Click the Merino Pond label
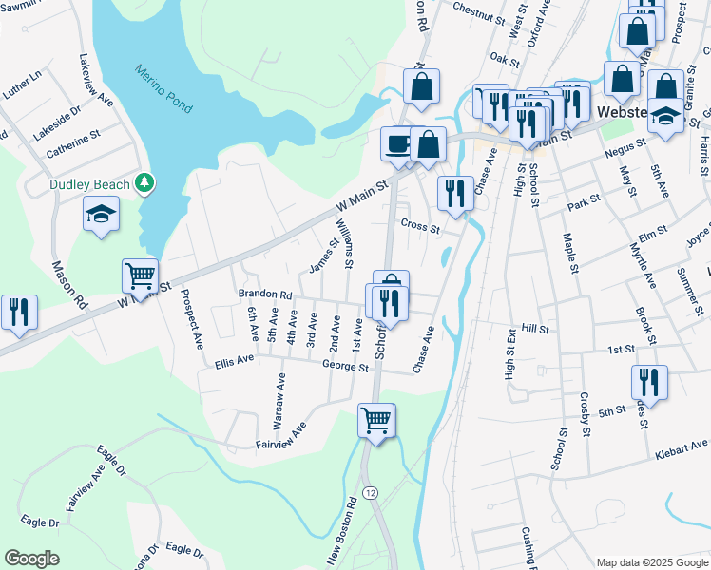[x=163, y=88]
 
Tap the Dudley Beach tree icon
[x=144, y=180]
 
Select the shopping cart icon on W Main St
[x=140, y=275]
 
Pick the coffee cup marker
[x=396, y=143]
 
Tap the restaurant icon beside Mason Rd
[x=19, y=312]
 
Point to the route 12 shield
[x=370, y=493]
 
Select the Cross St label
[x=420, y=226]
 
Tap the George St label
[x=345, y=365]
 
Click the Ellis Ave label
[x=235, y=361]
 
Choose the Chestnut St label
[x=477, y=15]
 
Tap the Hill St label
[x=536, y=328]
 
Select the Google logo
[x=31, y=559]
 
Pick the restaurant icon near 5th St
[x=649, y=382]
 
